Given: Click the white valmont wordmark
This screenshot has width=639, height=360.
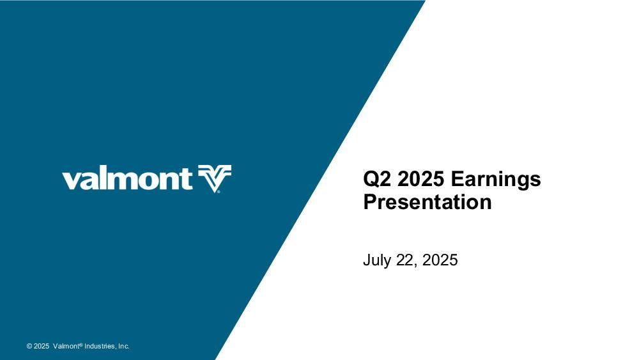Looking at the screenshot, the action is [x=127, y=179].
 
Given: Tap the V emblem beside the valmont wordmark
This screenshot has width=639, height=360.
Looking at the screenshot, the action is [x=215, y=178].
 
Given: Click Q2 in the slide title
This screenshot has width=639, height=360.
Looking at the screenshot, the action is [x=378, y=179].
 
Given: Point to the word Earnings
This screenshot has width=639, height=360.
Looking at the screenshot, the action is [x=496, y=180].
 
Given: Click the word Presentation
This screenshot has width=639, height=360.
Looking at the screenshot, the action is [x=427, y=202].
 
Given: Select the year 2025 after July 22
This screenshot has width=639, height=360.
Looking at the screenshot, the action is [x=440, y=260].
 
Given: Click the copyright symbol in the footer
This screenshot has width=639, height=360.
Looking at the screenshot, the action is [x=29, y=346].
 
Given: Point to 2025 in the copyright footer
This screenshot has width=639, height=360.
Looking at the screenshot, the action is [x=42, y=346].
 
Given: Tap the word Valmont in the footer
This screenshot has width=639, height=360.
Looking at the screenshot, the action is [x=66, y=346].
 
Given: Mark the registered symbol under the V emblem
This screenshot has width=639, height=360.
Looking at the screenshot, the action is [x=219, y=191].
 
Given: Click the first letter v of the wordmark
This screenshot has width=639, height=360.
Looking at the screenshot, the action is [x=70, y=181].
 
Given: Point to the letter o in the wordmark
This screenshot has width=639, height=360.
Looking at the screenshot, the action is [x=151, y=181].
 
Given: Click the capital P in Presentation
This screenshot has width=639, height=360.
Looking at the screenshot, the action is [x=370, y=202].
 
